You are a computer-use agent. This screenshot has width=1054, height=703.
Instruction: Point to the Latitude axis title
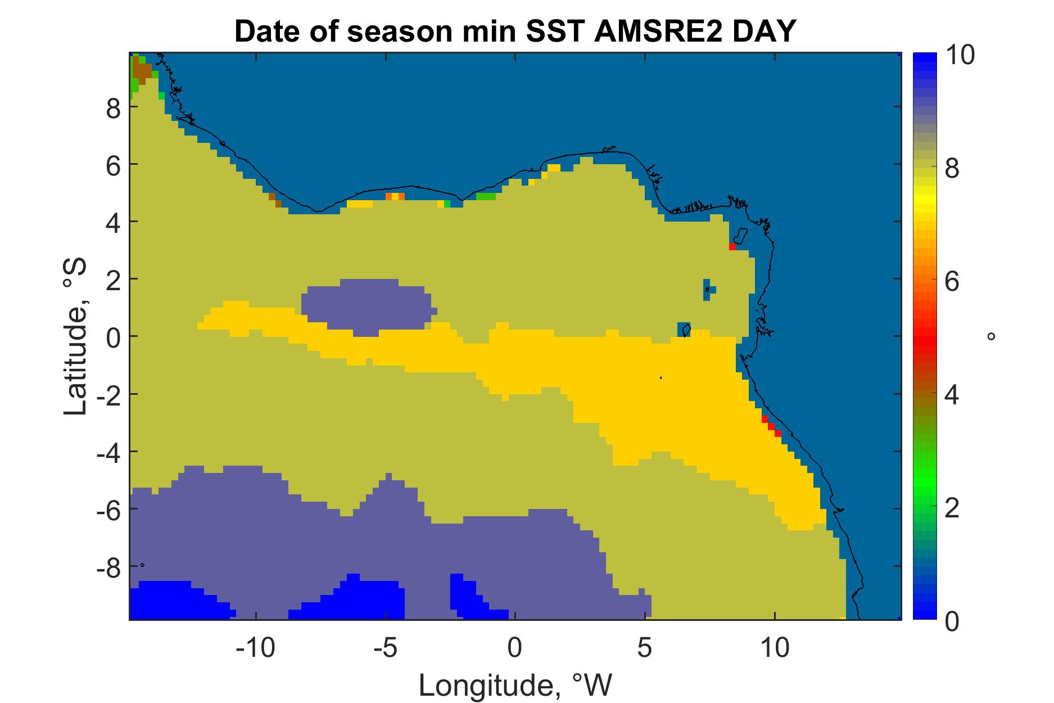[x=76, y=336]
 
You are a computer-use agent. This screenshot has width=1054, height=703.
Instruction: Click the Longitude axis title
[x=515, y=685]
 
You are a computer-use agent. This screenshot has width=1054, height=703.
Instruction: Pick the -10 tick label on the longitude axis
[x=256, y=648]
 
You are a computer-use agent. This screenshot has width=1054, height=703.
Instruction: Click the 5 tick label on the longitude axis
[x=645, y=648]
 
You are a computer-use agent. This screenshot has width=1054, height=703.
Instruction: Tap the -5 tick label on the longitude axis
[x=386, y=648]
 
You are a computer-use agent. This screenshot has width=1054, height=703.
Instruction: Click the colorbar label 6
[x=953, y=281]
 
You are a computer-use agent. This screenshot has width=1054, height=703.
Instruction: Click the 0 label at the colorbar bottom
[x=953, y=620]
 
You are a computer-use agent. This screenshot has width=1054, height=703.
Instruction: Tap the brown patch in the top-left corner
[x=142, y=71]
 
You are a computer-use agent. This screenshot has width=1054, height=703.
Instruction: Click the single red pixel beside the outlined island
[x=732, y=246]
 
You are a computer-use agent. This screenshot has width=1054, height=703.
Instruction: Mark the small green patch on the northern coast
[x=486, y=197]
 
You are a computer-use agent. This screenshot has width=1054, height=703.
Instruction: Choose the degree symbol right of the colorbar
[x=991, y=336]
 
